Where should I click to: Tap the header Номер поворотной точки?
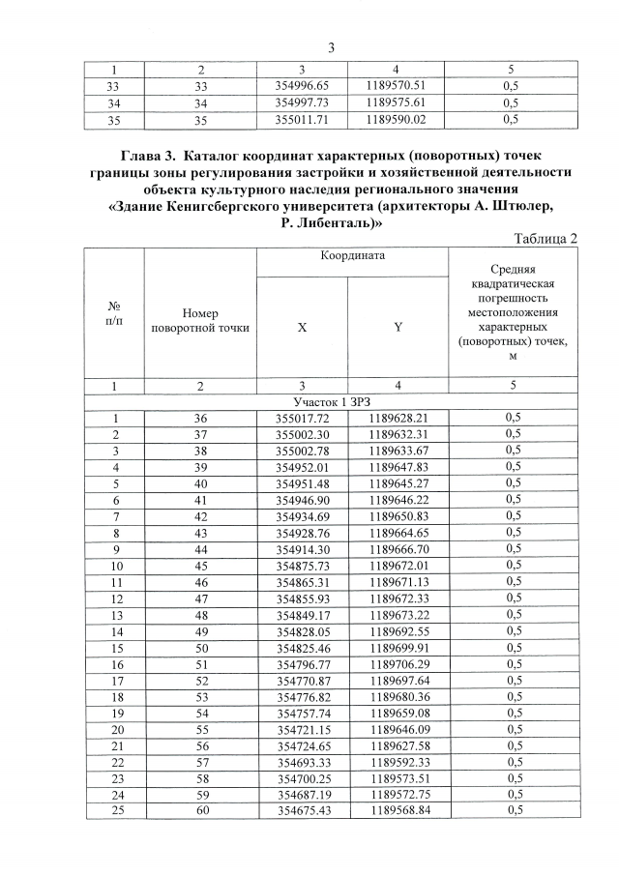click(x=200, y=321)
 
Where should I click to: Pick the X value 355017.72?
click(x=303, y=418)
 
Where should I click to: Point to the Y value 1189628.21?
click(x=398, y=418)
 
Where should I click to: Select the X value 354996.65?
click(x=303, y=85)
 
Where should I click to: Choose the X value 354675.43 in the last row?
click(x=303, y=810)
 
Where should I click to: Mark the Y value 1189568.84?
click(x=398, y=810)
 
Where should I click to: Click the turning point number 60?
click(x=200, y=810)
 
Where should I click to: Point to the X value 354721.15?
click(x=303, y=729)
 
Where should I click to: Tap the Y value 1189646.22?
click(x=398, y=500)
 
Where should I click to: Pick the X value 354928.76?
click(x=303, y=533)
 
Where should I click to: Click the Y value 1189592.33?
click(x=398, y=761)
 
